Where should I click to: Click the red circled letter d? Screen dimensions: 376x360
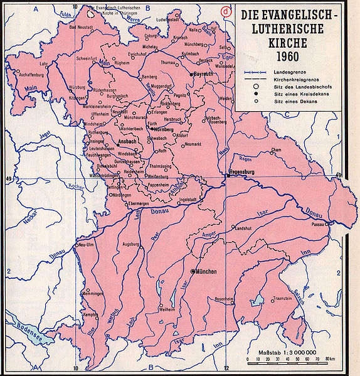pos(225,11)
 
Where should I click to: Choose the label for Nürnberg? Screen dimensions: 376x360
pos(154,129)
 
